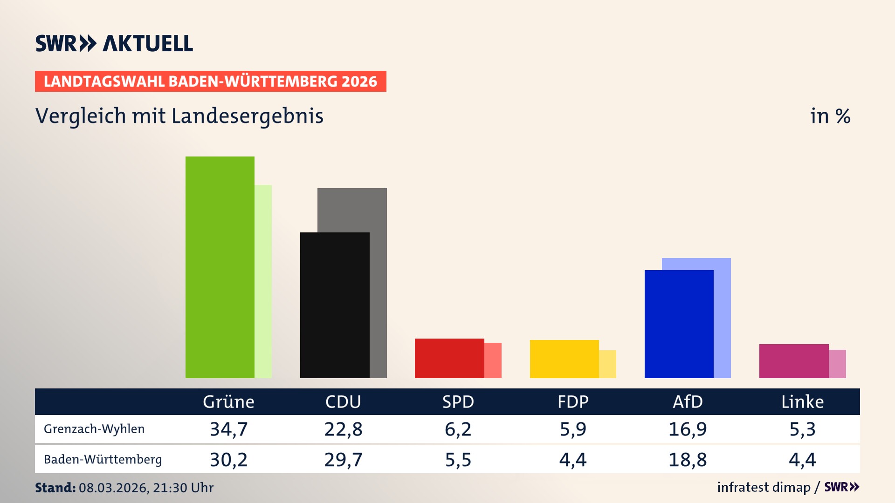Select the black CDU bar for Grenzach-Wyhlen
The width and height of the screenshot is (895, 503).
tap(334, 305)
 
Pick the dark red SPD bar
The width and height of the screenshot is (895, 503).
tap(449, 358)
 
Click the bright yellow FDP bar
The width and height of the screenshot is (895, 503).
tap(564, 359)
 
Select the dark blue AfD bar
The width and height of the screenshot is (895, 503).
tap(679, 324)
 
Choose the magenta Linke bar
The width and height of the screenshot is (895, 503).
tap(793, 361)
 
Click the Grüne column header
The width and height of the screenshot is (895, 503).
tap(228, 401)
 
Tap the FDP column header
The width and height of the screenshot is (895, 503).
tap(573, 401)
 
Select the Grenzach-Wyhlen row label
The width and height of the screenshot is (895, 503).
tap(94, 429)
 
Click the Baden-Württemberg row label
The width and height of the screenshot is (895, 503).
tap(103, 460)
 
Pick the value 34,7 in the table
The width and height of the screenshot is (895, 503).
tap(228, 429)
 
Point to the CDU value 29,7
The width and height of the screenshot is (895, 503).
tap(343, 460)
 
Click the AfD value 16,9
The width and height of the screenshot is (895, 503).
tap(688, 429)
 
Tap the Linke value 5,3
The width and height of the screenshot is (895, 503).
tap(802, 429)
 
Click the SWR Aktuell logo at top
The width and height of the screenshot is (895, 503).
tap(114, 43)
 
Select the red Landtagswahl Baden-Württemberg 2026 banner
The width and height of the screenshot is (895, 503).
tap(210, 81)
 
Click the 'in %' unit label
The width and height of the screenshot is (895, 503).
tap(830, 116)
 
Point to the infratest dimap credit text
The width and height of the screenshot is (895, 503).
tap(764, 487)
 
